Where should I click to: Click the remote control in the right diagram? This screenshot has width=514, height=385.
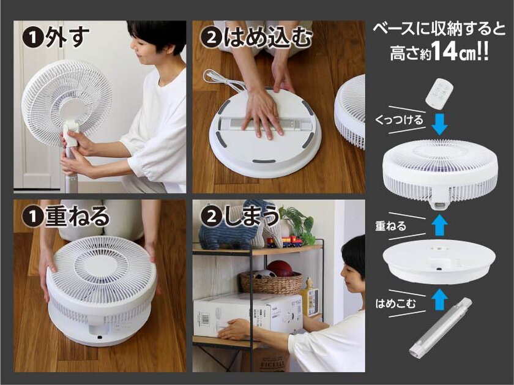point(439,92)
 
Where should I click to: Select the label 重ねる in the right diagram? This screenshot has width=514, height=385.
point(390,226)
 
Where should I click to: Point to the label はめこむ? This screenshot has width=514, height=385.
point(395,301)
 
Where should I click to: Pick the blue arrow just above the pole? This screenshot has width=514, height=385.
point(438,300)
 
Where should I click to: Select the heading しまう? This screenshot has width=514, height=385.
point(251,217)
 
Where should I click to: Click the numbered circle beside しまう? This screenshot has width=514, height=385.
point(209,217)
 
